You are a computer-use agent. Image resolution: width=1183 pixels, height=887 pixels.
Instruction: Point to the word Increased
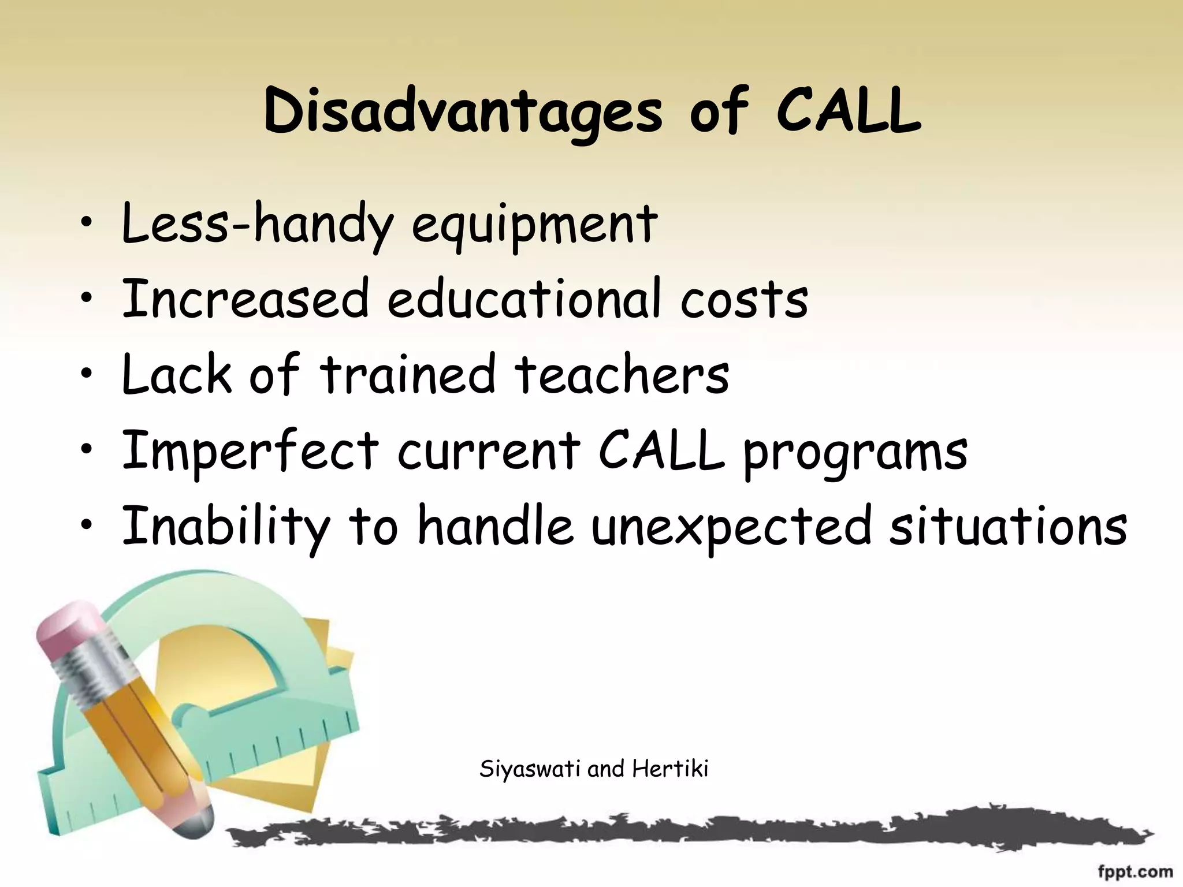[245, 299]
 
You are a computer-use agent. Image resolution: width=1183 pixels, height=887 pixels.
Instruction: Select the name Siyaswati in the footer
[531, 769]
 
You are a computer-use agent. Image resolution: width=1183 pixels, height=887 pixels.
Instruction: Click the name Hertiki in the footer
[669, 769]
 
